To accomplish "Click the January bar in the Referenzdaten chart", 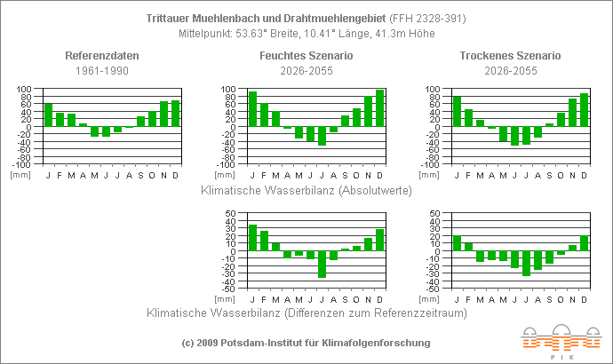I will (x=48, y=115).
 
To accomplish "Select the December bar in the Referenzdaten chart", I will (x=176, y=114).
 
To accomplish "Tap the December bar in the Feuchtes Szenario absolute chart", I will (x=380, y=108).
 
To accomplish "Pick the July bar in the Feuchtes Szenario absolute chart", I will (x=322, y=136).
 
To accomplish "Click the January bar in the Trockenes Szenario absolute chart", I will (x=457, y=111).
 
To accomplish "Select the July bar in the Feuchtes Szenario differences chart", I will (x=322, y=265).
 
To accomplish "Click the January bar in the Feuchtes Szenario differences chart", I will (x=252, y=238).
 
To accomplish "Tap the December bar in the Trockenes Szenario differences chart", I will (x=585, y=243).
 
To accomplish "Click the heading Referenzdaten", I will (x=102, y=56).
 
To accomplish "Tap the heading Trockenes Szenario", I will (x=510, y=56).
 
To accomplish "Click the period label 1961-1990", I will (x=102, y=69).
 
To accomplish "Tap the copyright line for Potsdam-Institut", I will (x=306, y=343).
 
